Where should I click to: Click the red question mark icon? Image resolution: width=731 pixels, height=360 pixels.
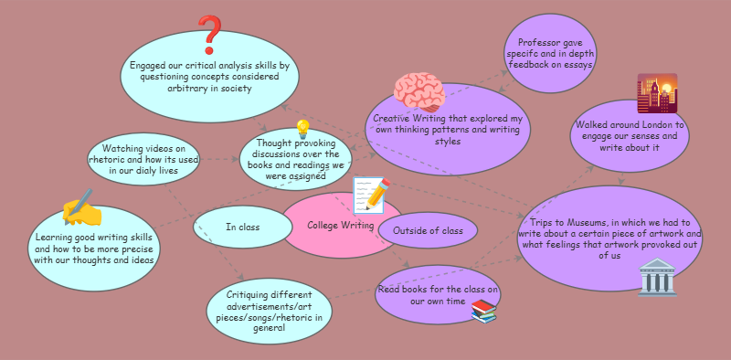211,36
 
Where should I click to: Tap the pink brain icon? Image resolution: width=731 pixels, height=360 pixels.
418,93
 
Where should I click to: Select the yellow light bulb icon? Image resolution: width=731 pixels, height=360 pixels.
302,130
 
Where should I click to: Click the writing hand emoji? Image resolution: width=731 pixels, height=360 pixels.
81,208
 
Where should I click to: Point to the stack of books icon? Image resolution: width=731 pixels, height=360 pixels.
483,312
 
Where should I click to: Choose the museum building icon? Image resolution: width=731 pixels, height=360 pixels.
658,277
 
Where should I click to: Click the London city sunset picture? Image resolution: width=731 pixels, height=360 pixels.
657,94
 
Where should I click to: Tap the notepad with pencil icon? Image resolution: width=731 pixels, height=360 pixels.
371,196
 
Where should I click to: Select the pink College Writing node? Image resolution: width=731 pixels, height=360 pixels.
334,226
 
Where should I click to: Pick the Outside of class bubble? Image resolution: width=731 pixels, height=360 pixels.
428,230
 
